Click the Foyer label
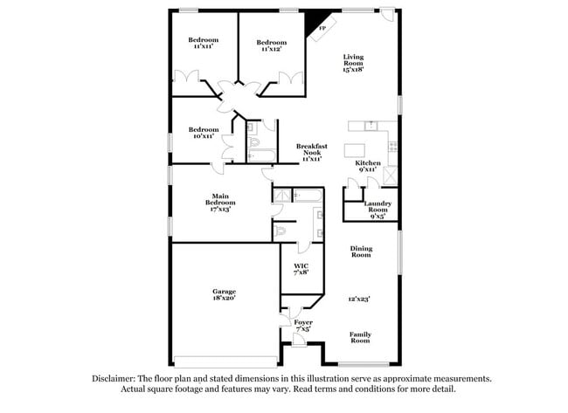click(x=303, y=322)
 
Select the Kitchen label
click(x=367, y=163)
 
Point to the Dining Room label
click(x=361, y=251)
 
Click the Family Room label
click(x=361, y=338)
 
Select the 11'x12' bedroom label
click(x=272, y=45)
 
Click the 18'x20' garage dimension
click(x=224, y=299)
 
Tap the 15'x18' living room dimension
click(x=352, y=68)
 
